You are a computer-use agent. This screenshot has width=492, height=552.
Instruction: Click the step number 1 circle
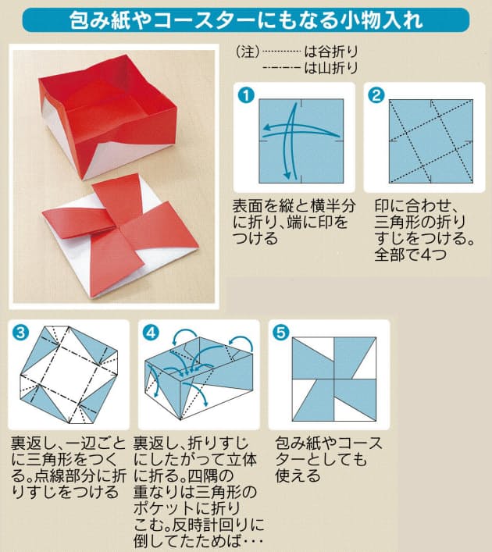(247, 96)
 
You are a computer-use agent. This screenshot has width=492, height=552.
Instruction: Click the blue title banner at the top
(245, 20)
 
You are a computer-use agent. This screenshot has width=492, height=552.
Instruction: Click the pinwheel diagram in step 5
(331, 379)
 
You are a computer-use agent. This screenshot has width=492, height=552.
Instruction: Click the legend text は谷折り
(331, 52)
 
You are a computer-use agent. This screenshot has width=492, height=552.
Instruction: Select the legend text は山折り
(331, 68)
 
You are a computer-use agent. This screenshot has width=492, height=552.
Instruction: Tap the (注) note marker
(245, 52)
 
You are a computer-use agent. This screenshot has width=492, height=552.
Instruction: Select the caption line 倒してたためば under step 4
(200, 541)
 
